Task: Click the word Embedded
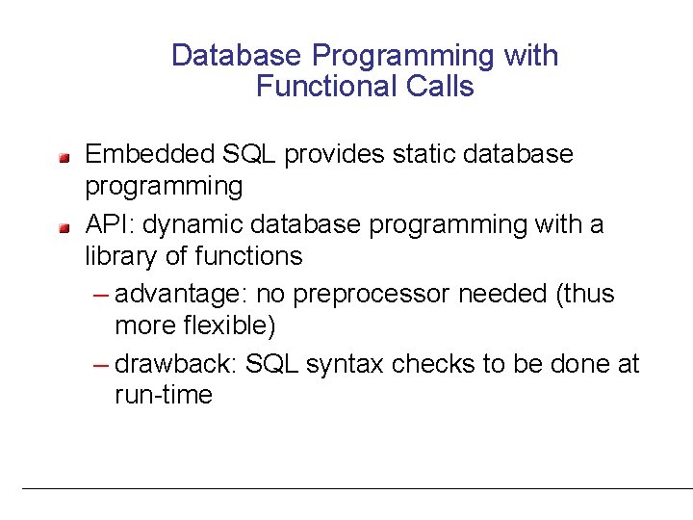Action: (150, 154)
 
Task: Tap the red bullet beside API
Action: (63, 227)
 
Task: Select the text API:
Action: (109, 225)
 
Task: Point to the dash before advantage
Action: (103, 293)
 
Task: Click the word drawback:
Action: (176, 364)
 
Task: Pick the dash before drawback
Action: (103, 364)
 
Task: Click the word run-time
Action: (163, 395)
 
